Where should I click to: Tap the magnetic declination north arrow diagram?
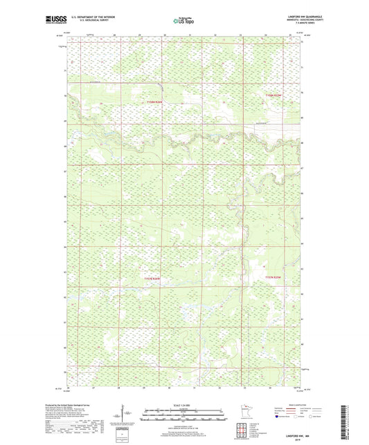[x=149, y=415]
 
